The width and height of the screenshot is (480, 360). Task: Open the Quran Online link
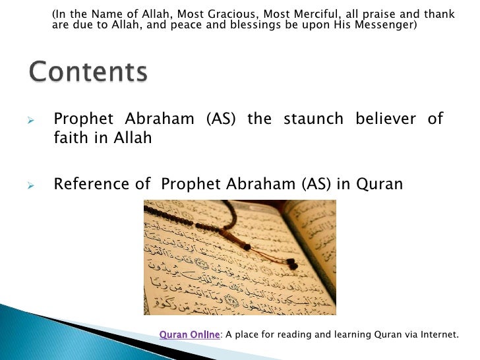click(190, 334)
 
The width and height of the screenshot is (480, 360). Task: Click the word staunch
click(313, 119)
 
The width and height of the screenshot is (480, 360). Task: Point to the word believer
click(385, 119)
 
